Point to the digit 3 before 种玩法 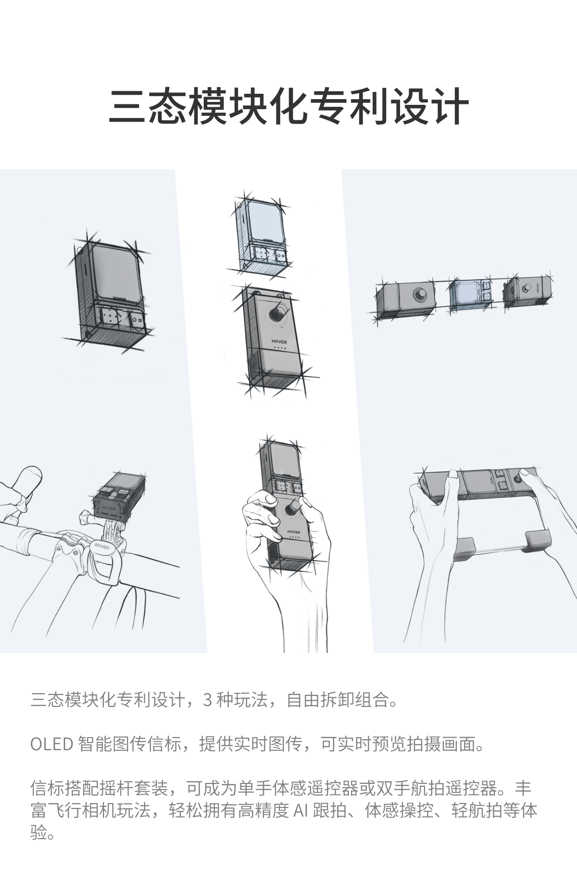click(x=208, y=700)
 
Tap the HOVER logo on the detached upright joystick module click(x=279, y=342)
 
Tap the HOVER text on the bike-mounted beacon click(x=109, y=506)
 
